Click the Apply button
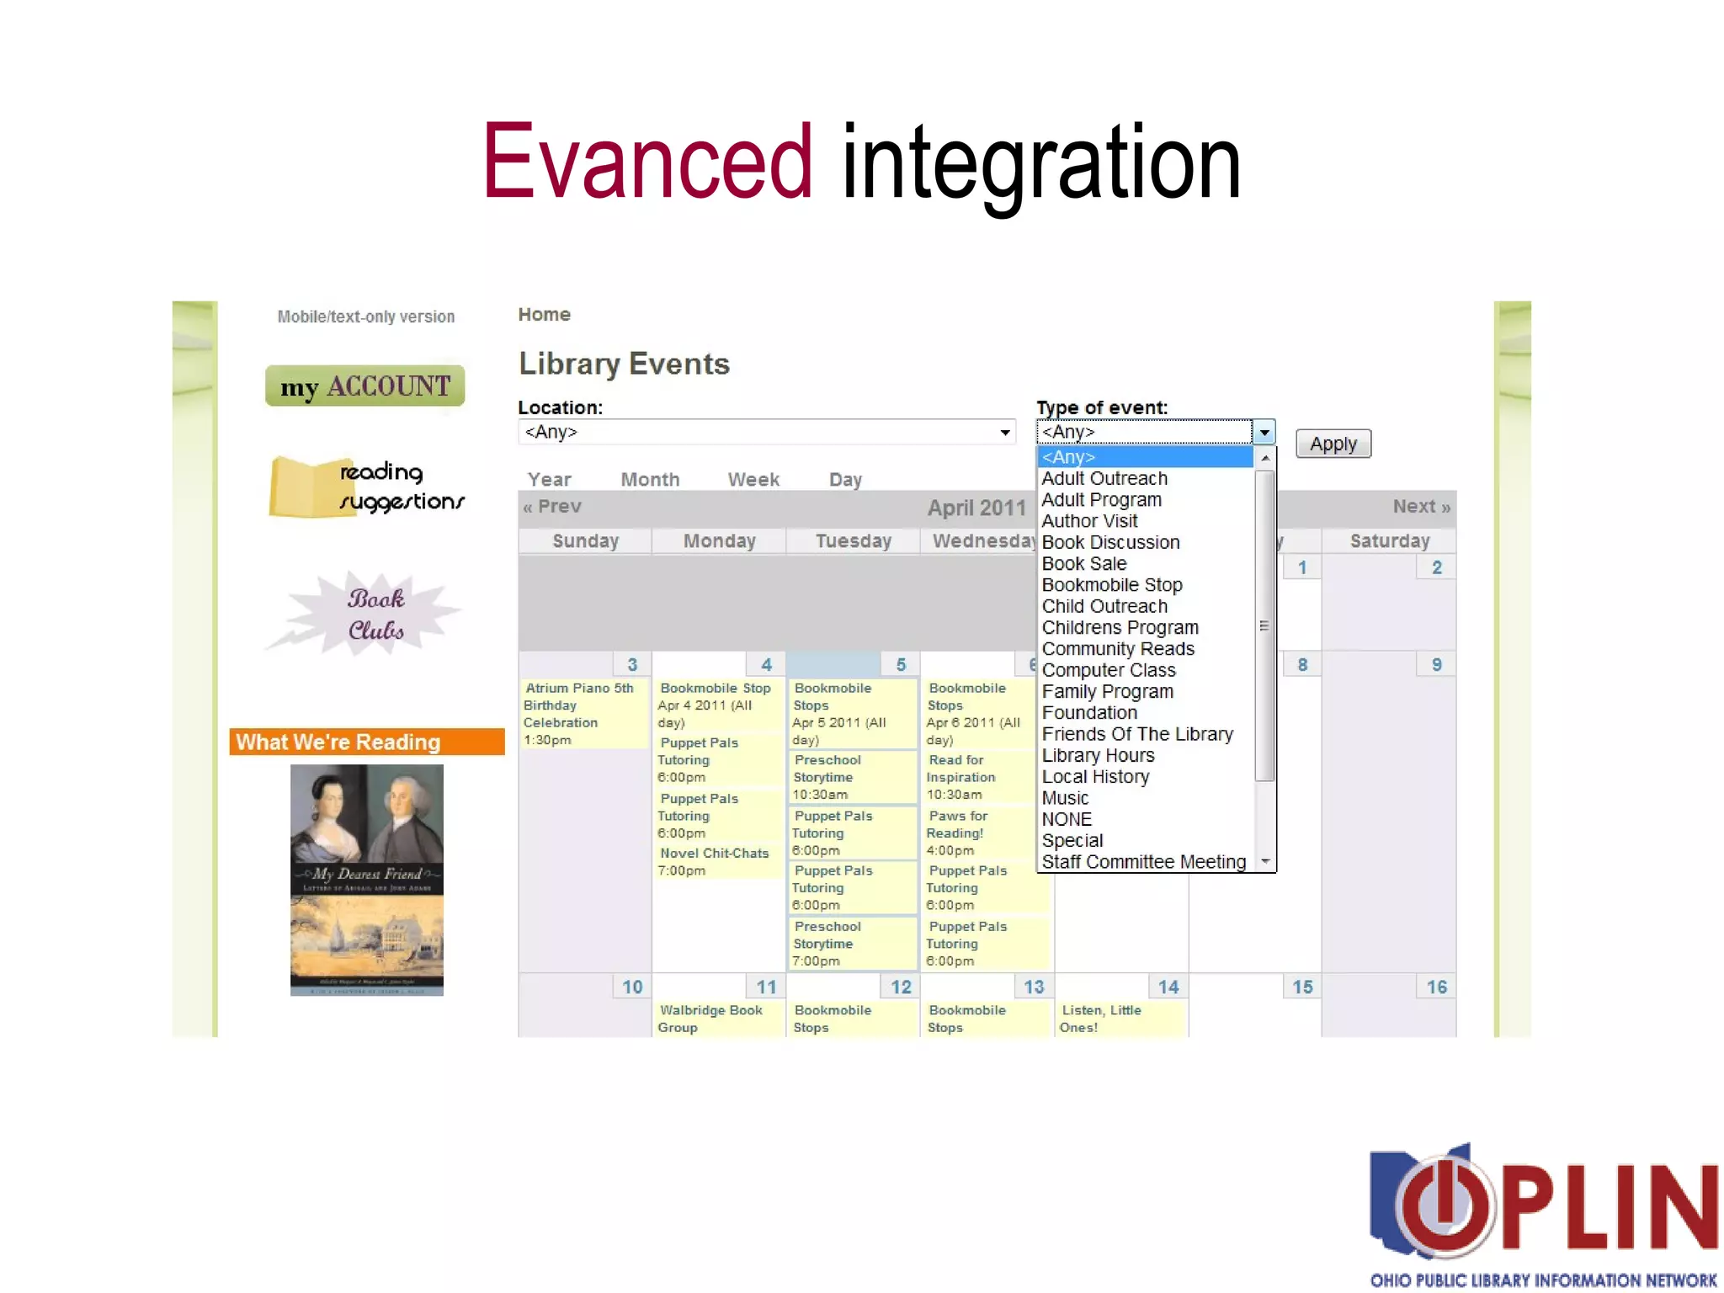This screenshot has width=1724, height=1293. pos(1333,444)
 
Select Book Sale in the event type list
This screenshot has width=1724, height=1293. pos(1083,564)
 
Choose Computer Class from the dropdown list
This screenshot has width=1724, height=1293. pos(1108,670)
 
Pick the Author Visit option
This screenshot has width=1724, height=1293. pos(1089,521)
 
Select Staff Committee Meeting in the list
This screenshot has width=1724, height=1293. pos(1143,862)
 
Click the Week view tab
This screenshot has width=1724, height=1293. pos(753,480)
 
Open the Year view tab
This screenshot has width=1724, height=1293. pos(549,480)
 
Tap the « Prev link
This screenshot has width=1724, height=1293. pos(552,507)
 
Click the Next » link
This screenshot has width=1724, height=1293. pos(1421,507)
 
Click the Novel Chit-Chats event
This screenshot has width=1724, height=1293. pos(714,854)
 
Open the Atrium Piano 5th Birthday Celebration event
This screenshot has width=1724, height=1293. pos(578,705)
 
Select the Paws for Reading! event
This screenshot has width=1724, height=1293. pos(957,824)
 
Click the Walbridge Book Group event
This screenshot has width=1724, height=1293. pos(710,1019)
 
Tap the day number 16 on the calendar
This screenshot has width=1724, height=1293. pos(1436,987)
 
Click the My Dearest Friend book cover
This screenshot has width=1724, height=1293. pos(366,880)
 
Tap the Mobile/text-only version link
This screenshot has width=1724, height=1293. pos(366,317)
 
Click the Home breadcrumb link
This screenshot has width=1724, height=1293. pos(544,315)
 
